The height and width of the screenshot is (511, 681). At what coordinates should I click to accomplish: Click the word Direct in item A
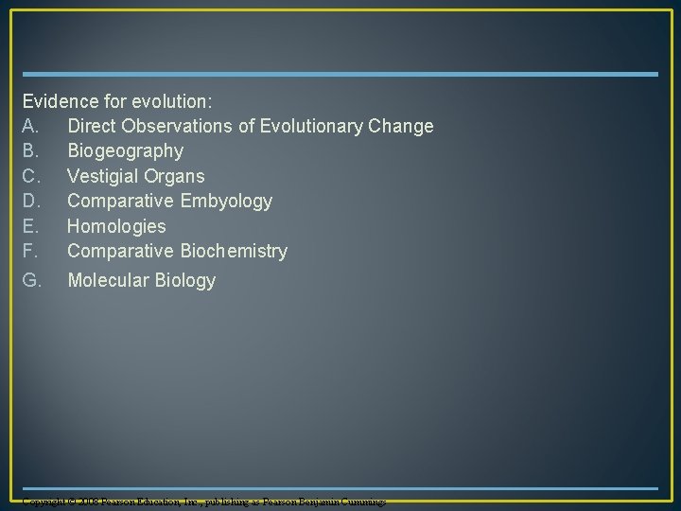point(93,126)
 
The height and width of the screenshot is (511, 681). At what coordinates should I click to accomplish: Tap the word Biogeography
point(126,151)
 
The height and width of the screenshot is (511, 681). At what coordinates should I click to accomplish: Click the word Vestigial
point(102,176)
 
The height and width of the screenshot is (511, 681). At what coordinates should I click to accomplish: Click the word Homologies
point(116,226)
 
